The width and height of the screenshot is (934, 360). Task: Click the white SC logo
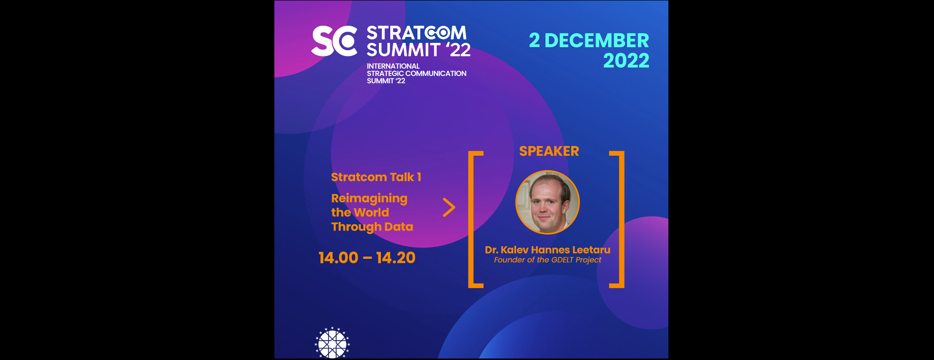335,41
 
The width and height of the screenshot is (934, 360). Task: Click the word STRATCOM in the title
416,33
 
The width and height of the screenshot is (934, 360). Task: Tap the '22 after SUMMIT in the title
458,50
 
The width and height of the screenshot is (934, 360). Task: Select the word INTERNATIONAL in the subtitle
393,66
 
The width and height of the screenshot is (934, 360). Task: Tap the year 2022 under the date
626,61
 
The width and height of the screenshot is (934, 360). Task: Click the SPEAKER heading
549,151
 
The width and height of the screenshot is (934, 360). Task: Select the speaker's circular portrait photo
547,202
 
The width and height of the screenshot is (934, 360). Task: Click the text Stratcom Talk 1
376,177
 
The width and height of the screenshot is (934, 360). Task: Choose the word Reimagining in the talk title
369,198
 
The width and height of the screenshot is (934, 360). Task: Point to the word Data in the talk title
398,227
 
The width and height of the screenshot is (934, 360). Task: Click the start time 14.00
338,258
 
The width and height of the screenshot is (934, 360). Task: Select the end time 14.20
395,258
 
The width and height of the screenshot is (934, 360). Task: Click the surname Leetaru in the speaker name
591,250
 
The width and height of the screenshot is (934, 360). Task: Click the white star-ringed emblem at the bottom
332,343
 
